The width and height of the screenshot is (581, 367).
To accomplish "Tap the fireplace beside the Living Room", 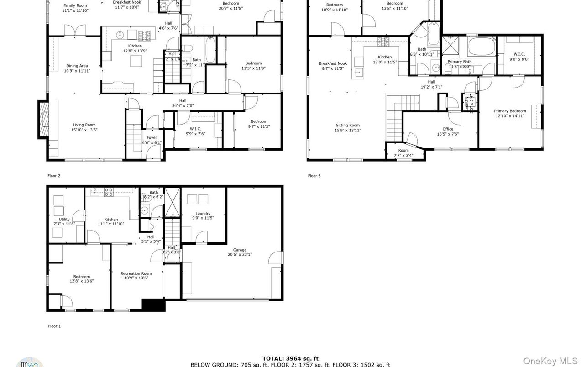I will coord(43,120).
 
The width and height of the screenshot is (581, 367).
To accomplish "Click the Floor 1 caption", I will coord(54,326).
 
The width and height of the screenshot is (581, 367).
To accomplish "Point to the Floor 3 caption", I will coord(314,176).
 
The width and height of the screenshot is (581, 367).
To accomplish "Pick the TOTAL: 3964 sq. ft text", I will coord(290,358).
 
